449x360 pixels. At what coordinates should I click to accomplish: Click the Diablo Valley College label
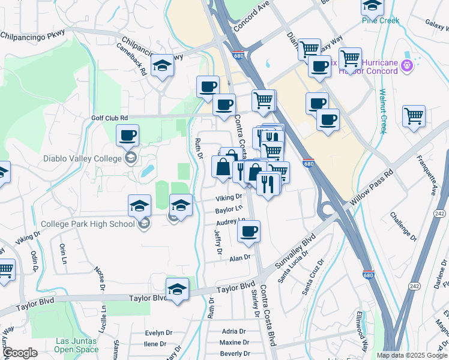point(82,159)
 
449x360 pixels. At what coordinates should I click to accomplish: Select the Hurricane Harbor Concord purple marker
point(408,65)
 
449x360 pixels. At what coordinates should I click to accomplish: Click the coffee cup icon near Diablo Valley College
point(127,136)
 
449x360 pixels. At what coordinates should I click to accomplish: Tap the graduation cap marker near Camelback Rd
point(161,66)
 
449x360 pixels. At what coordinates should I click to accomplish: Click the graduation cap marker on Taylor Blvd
point(177,290)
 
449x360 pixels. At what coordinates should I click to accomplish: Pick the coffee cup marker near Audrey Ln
point(249,232)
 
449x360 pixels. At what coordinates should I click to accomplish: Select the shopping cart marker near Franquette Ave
point(414,116)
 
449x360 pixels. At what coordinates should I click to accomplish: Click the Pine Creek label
point(380,20)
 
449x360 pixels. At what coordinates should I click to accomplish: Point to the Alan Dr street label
point(239,258)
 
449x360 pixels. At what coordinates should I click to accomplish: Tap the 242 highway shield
point(439,214)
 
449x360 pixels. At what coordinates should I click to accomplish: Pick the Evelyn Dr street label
point(158,332)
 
